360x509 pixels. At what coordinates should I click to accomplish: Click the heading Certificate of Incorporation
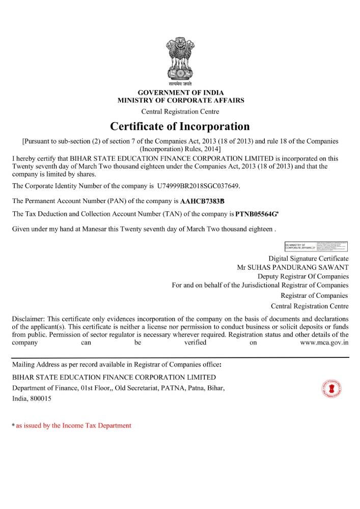point(180,126)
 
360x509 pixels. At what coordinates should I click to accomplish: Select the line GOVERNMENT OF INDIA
point(180,93)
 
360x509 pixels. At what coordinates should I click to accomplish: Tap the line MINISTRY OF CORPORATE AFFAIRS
point(180,100)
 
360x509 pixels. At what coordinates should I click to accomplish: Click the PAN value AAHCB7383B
point(202,201)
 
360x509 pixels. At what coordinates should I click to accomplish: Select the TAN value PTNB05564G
point(258,214)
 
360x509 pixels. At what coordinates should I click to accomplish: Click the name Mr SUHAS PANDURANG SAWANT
point(293,267)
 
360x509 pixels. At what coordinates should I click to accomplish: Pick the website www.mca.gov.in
point(324,343)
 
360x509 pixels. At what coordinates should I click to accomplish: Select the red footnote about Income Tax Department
point(73,426)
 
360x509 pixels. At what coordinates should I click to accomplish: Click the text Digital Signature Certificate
point(309,259)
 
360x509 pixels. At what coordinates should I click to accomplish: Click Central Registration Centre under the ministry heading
point(180,111)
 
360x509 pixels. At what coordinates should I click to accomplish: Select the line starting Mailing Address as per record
point(117,364)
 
